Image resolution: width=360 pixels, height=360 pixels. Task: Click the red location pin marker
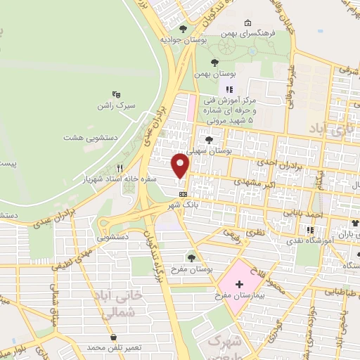pos(181,166)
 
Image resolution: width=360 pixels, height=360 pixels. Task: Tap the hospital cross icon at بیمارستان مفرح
pos(238,285)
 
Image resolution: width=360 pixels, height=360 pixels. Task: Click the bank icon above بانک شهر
pos(184,194)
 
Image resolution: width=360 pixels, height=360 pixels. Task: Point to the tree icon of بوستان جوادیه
pos(184,29)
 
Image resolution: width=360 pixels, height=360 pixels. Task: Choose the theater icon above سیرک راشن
pos(117,94)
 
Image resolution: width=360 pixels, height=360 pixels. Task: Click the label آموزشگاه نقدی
pos(309,240)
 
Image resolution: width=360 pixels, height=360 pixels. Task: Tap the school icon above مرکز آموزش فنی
pos(229,89)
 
